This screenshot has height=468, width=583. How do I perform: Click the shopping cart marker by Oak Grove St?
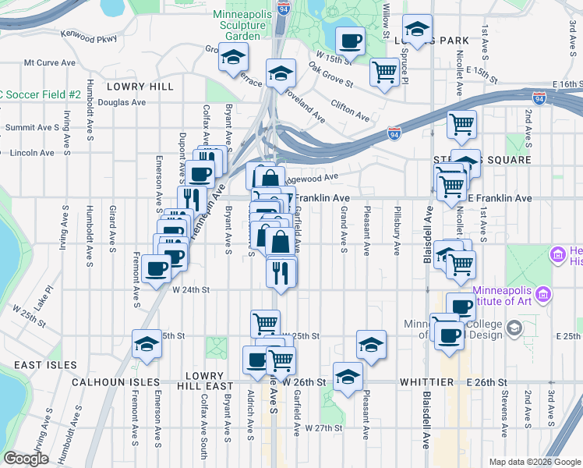point(385,73)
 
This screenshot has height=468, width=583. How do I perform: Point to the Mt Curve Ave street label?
point(50,62)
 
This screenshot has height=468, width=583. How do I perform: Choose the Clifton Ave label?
point(349,110)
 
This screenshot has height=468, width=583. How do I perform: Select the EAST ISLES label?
point(44,365)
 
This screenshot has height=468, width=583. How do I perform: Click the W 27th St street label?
point(324,428)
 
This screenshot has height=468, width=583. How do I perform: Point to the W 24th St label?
point(192,289)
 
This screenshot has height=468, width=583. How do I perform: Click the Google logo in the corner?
point(26,459)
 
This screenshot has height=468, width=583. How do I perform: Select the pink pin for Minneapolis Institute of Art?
point(544,296)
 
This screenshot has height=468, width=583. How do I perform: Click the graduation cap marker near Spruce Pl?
point(418,30)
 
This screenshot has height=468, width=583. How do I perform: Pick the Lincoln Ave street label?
point(32,153)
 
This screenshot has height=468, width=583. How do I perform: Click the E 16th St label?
point(567,83)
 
